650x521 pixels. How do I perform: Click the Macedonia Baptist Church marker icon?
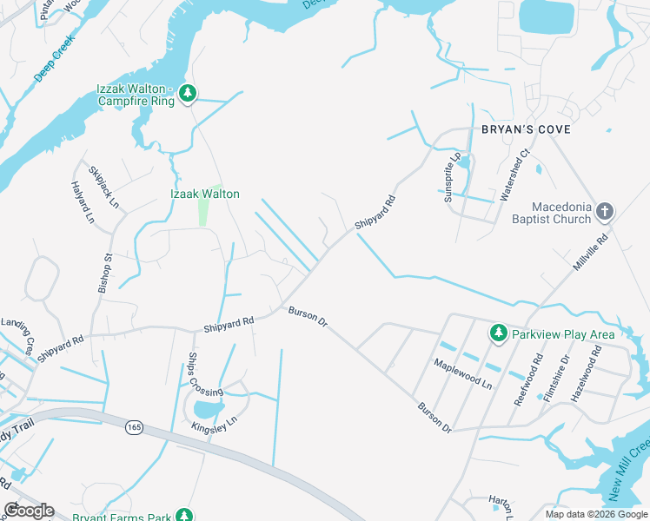[x=606, y=211]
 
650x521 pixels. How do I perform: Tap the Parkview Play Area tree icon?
[x=498, y=333]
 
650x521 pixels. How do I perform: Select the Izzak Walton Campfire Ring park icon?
[x=188, y=92]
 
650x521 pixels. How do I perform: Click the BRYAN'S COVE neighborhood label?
[x=527, y=129]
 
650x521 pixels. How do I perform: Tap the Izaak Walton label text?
[x=203, y=195]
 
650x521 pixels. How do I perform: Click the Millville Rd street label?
[x=593, y=250]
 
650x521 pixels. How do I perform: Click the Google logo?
[x=29, y=511]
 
